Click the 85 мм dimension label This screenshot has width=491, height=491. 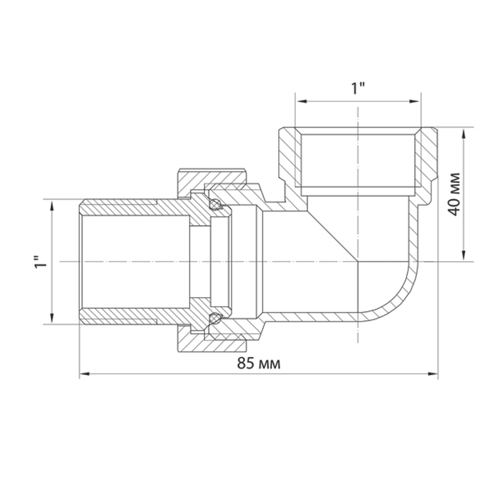point(259,364)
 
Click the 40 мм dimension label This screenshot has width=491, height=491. point(455,193)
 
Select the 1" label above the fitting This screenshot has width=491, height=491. point(358,89)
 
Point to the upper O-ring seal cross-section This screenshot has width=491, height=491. point(215,205)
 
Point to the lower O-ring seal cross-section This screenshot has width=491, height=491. point(215,319)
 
